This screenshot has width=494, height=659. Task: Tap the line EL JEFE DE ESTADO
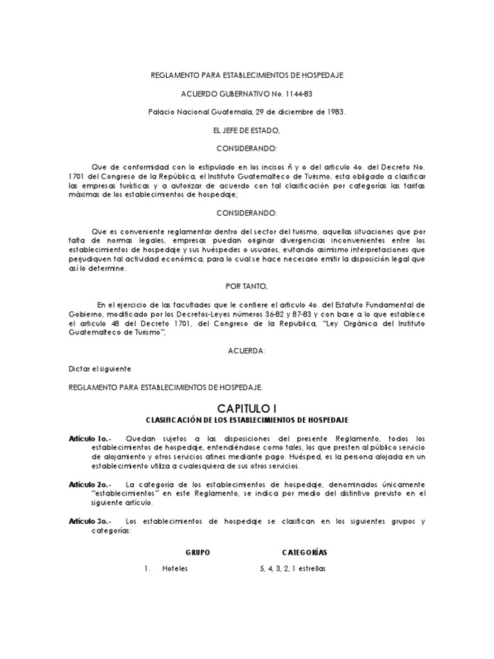pyautogui.click(x=246, y=131)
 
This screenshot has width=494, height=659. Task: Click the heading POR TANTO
pyautogui.click(x=247, y=285)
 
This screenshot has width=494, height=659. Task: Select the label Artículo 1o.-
pyautogui.click(x=89, y=438)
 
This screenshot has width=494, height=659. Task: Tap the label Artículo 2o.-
pyautogui.click(x=89, y=483)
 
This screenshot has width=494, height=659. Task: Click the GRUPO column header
pyautogui.click(x=197, y=552)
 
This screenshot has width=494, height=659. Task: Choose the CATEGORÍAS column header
pyautogui.click(x=304, y=552)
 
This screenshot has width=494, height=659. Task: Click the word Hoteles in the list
pyautogui.click(x=176, y=569)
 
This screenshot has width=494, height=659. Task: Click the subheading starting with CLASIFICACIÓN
pyautogui.click(x=247, y=420)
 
